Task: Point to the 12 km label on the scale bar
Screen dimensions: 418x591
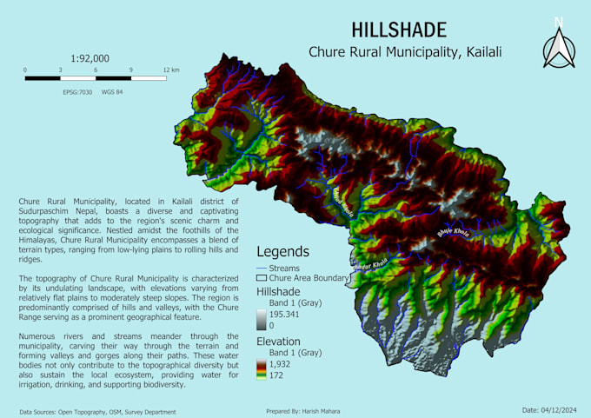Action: (x=169, y=69)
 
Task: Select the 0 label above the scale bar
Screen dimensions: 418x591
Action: (x=25, y=69)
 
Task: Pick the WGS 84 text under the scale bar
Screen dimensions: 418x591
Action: (x=112, y=91)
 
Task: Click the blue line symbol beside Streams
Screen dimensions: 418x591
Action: (x=262, y=269)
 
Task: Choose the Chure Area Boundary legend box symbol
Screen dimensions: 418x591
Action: (x=262, y=278)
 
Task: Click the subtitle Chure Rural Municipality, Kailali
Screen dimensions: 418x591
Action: (x=405, y=53)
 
